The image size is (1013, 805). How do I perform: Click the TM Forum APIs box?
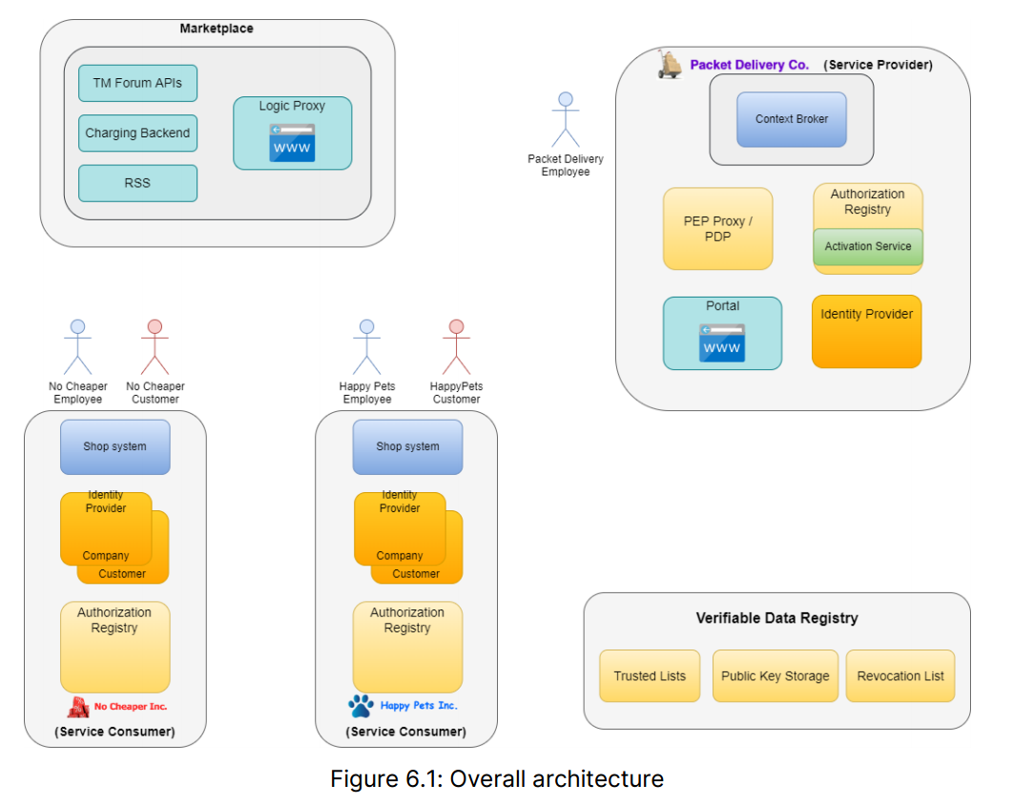(x=137, y=83)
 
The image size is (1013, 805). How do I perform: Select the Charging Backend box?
(x=137, y=134)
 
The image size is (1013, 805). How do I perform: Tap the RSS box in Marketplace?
(x=137, y=183)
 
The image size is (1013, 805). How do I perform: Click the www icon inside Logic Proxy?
(x=292, y=143)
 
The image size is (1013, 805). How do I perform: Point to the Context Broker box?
(x=792, y=119)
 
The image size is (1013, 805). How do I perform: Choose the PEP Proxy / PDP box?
(x=717, y=229)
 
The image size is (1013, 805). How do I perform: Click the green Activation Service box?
(x=868, y=246)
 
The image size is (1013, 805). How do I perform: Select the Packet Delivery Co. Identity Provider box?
(x=866, y=331)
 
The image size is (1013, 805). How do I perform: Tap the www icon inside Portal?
(x=722, y=343)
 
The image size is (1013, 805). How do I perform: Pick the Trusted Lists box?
(x=650, y=676)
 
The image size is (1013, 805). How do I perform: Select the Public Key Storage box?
(x=775, y=676)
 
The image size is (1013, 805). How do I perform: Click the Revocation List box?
(x=900, y=676)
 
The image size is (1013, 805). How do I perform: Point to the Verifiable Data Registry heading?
(x=776, y=618)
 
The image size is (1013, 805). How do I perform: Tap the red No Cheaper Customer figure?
(x=155, y=347)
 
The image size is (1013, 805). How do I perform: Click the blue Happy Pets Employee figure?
(x=366, y=347)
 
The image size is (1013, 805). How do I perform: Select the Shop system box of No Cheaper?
(x=114, y=446)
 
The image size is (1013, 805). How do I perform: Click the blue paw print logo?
(x=361, y=706)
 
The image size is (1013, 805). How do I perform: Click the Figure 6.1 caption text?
(x=496, y=778)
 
